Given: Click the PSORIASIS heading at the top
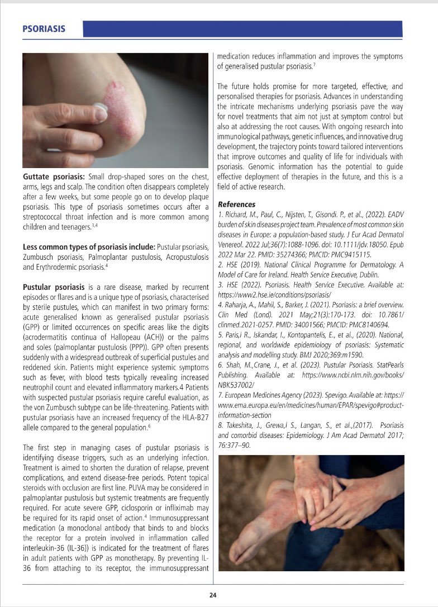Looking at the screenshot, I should (x=43, y=28).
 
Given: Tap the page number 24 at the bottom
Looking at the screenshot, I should (x=213, y=595).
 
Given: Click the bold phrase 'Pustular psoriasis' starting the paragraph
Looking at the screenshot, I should (x=55, y=287).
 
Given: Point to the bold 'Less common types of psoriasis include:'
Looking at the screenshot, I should (x=89, y=246).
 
